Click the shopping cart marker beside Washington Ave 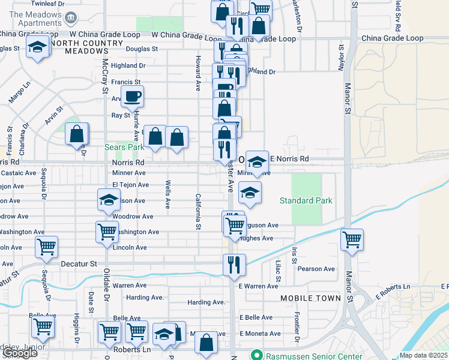pyautogui.click(x=107, y=231)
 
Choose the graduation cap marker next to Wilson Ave pyautogui.click(x=109, y=200)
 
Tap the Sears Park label pyautogui.click(x=124, y=147)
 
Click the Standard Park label pyautogui.click(x=306, y=200)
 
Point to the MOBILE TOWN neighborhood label pyautogui.click(x=310, y=298)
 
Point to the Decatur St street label pyautogui.click(x=79, y=263)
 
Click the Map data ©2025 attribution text pyautogui.click(x=424, y=355)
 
